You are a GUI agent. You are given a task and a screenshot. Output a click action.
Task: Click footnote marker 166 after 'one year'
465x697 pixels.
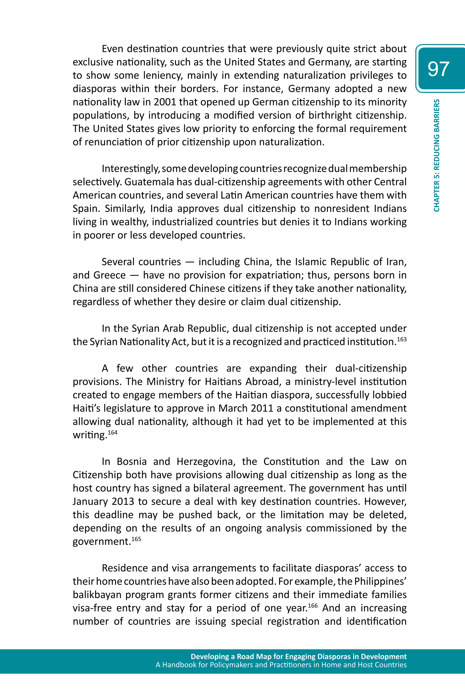313,605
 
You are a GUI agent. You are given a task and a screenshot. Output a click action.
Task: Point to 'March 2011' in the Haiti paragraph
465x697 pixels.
245,408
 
